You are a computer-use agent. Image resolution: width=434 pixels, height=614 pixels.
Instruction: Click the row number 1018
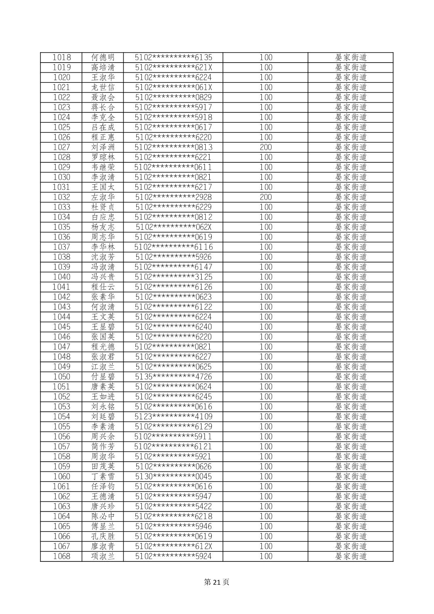(x=61, y=57)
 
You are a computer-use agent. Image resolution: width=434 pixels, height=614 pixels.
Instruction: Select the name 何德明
(x=103, y=57)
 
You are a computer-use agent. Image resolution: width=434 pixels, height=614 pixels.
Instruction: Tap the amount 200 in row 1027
(x=265, y=147)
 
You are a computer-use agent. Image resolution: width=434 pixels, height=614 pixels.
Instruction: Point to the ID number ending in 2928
(x=173, y=197)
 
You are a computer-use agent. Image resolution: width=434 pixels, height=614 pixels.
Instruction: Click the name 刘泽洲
(x=103, y=147)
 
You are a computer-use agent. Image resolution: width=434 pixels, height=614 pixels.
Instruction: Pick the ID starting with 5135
(x=173, y=376)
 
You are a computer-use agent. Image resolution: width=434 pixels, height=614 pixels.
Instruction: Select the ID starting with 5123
(x=173, y=416)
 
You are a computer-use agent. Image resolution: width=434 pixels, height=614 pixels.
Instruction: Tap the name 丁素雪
(x=103, y=476)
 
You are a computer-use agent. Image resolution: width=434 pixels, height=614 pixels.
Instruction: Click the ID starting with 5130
(x=173, y=476)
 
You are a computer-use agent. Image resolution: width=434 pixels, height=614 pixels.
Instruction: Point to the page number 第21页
(x=217, y=582)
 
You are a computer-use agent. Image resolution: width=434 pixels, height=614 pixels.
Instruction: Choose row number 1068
(x=61, y=556)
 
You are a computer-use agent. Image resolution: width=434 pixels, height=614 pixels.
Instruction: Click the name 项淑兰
(x=103, y=556)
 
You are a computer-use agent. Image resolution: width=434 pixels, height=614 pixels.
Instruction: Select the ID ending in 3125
(x=173, y=277)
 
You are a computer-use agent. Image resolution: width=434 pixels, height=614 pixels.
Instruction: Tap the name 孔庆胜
(x=103, y=536)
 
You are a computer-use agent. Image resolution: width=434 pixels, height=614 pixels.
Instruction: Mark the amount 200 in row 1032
(x=265, y=197)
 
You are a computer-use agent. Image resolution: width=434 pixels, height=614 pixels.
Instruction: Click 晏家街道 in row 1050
(x=351, y=376)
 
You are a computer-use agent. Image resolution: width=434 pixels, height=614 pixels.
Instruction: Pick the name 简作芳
(x=103, y=446)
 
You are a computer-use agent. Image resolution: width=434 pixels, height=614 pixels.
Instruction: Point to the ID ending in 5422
(x=173, y=506)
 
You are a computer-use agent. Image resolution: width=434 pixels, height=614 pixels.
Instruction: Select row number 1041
(x=61, y=287)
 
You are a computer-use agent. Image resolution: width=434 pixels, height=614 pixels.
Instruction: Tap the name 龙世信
(x=103, y=87)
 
